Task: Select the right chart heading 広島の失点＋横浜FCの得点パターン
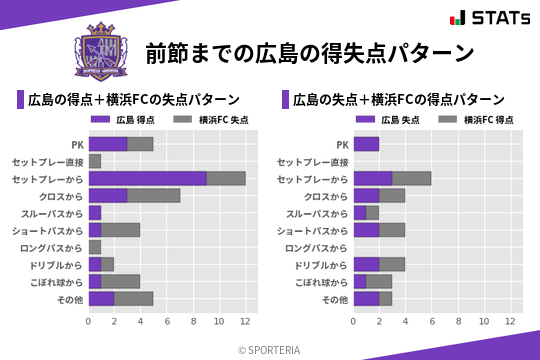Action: pos(398,100)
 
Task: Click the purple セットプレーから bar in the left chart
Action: pos(147,178)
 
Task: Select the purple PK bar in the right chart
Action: pos(366,144)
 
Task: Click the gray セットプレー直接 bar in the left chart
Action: pos(95,161)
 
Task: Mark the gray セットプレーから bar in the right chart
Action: pos(411,178)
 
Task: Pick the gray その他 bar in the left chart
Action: pos(133,298)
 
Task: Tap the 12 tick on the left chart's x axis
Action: pos(244,322)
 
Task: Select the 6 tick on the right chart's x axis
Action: pos(431,322)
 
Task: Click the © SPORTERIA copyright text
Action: pos(270,349)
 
